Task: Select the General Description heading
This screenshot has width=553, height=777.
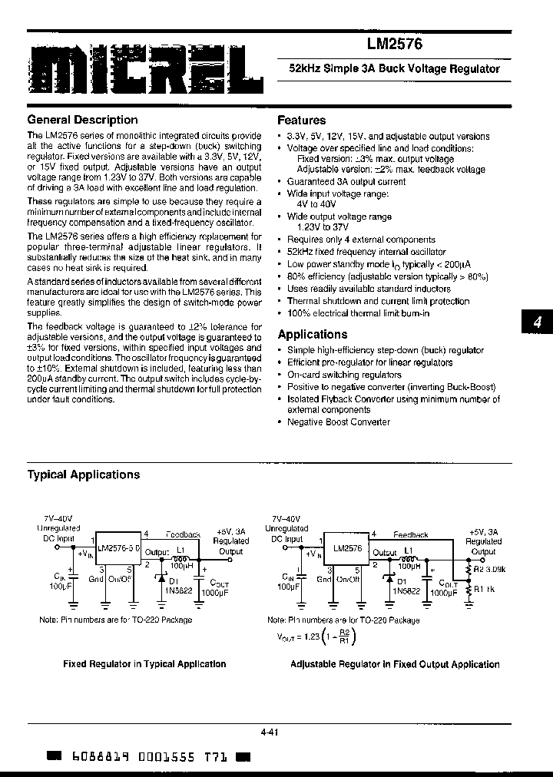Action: pos(82,120)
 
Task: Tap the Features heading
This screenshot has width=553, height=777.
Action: pos(301,121)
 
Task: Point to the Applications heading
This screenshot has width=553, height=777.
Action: pos(312,334)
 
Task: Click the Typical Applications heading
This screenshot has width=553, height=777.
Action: pos(83,474)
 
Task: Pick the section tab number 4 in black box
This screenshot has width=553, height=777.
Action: pos(538,323)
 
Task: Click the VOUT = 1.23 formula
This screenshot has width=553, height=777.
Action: pos(315,636)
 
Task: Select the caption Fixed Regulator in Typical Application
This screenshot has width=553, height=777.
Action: pos(144,664)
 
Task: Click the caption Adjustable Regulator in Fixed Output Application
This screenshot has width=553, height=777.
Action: pos(395,664)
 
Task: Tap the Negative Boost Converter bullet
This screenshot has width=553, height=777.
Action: pos(338,422)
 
